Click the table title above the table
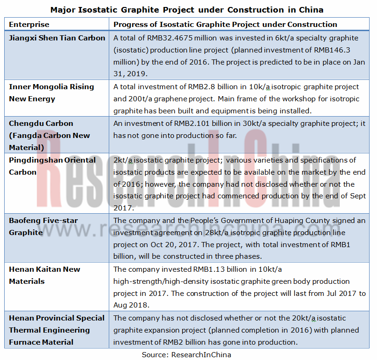tap(187, 10)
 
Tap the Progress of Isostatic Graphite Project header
tap(225, 24)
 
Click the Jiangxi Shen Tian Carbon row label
tap(57, 38)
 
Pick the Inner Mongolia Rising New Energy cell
tap(52, 92)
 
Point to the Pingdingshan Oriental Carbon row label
tap(53, 166)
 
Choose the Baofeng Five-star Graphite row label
tap(44, 226)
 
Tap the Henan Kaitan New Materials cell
tap(45, 275)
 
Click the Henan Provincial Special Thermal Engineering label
tap(57, 330)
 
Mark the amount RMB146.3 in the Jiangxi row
tap(333, 50)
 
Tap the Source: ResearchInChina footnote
tap(187, 354)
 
